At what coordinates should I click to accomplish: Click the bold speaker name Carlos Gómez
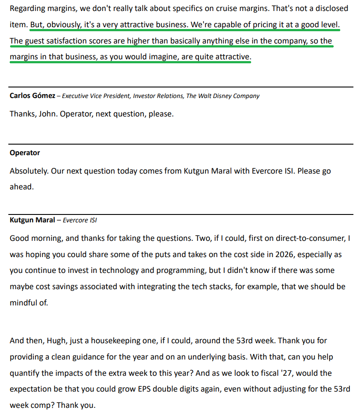point(32,96)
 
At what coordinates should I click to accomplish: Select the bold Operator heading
point(25,153)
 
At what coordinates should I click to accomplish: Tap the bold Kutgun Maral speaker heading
point(32,220)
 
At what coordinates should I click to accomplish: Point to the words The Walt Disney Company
point(223,96)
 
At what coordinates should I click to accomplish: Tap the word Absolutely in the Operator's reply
point(28,171)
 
